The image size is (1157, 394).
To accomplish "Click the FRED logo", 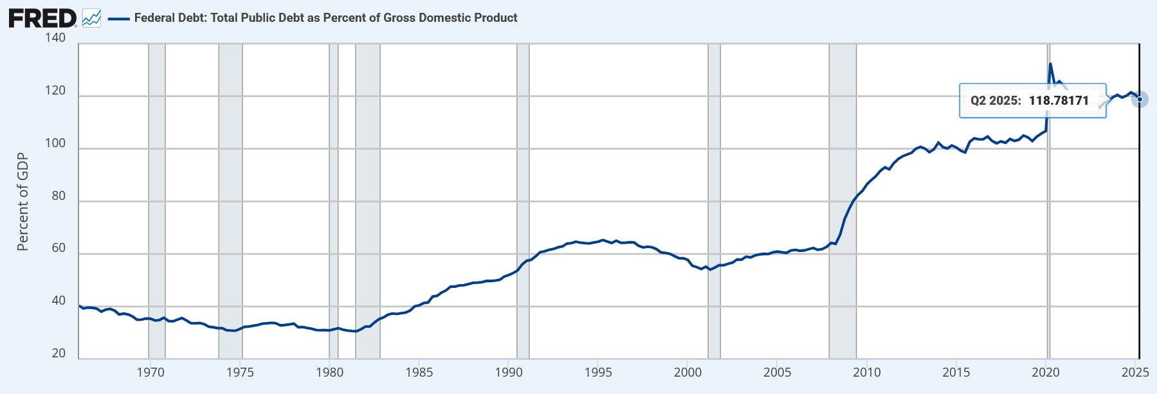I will (x=42, y=18).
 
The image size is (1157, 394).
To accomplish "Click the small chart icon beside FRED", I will (x=91, y=18).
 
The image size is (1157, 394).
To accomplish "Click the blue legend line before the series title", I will (x=119, y=19).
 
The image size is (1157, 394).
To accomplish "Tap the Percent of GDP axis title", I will (x=23, y=202).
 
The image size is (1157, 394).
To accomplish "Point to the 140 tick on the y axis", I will (x=55, y=38).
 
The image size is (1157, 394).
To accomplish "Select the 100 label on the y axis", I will (x=55, y=143).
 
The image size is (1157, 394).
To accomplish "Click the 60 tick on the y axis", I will (x=59, y=248).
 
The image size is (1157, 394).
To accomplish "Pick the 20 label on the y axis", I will (x=59, y=354).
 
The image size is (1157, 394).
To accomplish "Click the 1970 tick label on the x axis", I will (x=150, y=373).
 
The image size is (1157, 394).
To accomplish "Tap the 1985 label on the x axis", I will (x=419, y=373).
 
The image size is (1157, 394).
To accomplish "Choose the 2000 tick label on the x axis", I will (x=688, y=373).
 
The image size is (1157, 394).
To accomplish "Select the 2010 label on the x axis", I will (x=867, y=373).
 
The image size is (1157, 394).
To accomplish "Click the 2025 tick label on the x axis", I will (x=1135, y=373).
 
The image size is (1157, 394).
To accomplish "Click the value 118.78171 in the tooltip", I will (x=1059, y=101).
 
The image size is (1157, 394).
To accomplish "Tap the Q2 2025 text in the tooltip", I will (x=996, y=101).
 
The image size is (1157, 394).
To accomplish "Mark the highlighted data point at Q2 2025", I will (x=1140, y=99).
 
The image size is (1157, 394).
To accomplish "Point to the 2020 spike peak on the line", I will (x=1050, y=64).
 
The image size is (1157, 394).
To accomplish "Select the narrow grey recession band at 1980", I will (x=333, y=193).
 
